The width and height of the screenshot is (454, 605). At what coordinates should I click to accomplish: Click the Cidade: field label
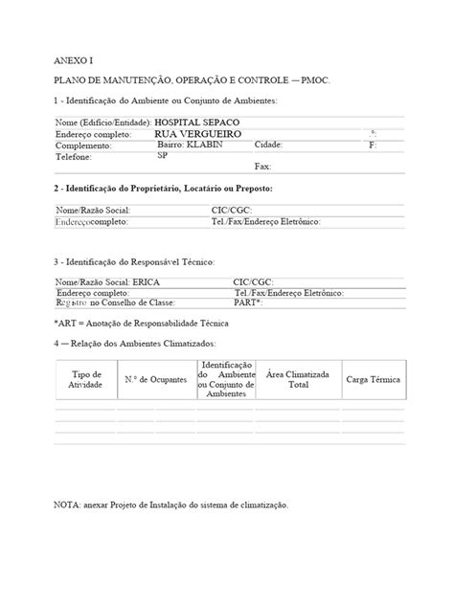269,145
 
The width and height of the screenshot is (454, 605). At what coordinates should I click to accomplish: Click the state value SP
162,154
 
